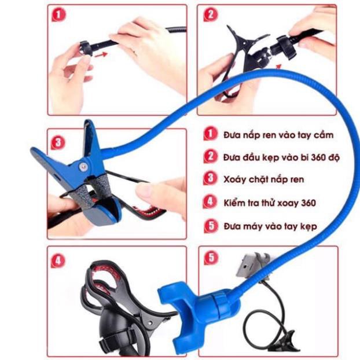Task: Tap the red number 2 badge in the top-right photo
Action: point(209,15)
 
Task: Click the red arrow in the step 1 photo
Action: point(101,53)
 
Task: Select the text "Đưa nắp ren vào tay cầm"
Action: point(278,135)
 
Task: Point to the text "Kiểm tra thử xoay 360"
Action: point(269,203)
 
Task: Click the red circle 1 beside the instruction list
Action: point(210,135)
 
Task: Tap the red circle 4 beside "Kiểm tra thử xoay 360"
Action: point(210,203)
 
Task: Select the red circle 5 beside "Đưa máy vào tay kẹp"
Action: point(210,226)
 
